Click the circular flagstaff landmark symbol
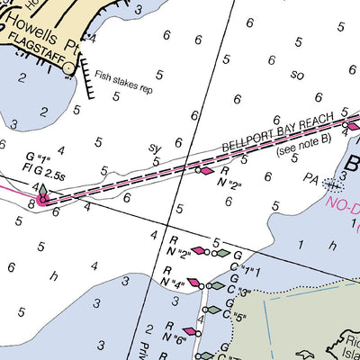coord(69,68)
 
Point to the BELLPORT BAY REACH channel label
coord(278,135)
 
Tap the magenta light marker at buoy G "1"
coord(41,198)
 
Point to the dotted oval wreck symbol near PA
coord(333,185)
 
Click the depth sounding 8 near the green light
coord(31,204)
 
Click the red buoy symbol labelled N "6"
coord(189,332)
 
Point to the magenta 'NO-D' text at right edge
coord(343,205)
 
